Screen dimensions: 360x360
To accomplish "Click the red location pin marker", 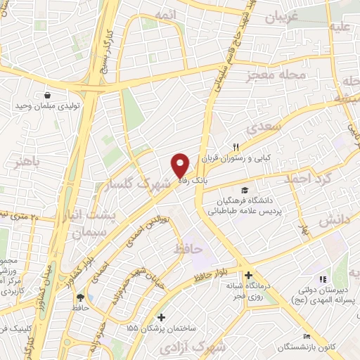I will [x=180, y=165].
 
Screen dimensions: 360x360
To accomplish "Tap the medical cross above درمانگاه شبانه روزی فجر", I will [x=247, y=275].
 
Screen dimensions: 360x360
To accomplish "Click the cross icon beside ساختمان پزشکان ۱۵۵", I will [x=162, y=318].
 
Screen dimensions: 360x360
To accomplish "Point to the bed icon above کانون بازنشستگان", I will [x=306, y=335].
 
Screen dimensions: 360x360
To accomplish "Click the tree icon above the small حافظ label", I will [x=79, y=297].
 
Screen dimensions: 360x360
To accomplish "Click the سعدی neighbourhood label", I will [x=264, y=127].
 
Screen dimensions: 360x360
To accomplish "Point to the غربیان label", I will [x=301, y=15].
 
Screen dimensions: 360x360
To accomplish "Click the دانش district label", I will [x=334, y=221].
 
